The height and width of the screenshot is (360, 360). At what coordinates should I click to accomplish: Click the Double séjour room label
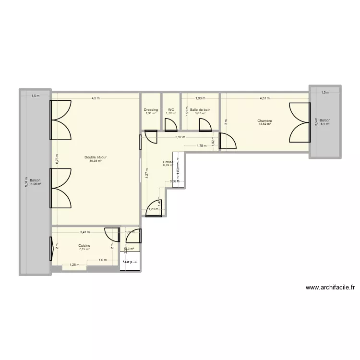96,157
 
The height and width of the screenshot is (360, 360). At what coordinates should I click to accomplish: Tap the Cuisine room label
84,245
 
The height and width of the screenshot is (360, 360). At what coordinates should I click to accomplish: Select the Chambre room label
264,121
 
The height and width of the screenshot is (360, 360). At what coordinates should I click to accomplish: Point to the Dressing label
151,110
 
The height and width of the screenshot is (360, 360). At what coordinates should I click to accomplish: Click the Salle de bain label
200,110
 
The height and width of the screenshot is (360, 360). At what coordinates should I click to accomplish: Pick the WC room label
171,110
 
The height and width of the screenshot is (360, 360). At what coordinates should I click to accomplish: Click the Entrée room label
168,162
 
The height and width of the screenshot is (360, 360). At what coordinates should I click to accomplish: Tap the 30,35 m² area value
96,161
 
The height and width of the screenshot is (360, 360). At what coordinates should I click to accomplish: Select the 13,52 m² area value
264,124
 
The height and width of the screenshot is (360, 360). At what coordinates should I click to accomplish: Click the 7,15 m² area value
84,249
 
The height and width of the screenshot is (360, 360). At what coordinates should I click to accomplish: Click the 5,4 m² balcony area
325,124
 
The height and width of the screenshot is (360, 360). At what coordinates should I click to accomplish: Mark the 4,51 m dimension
264,98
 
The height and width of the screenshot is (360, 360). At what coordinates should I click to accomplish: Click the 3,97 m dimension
180,137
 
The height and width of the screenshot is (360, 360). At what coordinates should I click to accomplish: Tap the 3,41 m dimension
85,232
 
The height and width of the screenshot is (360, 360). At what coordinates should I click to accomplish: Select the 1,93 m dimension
200,98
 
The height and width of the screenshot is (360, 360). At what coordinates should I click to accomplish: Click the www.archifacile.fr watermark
330,288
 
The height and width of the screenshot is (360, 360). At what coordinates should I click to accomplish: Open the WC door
170,125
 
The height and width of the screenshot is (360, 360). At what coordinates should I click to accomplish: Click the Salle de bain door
205,125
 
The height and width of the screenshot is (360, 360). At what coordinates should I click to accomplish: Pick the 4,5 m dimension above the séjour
96,98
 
